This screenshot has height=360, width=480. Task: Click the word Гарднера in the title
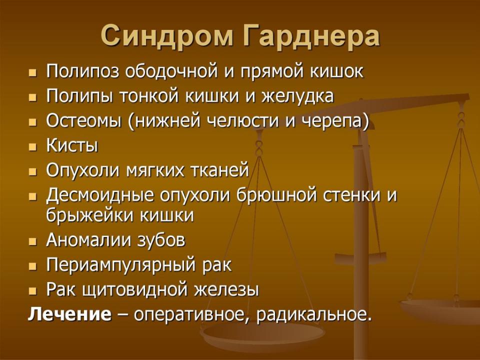[x=311, y=36]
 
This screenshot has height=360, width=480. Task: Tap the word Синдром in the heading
[x=167, y=36]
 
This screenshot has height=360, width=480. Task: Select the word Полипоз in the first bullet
[x=82, y=71]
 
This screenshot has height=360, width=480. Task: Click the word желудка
[x=297, y=96]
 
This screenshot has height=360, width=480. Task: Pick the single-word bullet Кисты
[x=72, y=145]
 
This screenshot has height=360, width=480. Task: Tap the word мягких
[x=155, y=171]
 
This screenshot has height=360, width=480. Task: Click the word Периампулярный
[x=120, y=265]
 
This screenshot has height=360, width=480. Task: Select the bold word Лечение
[x=70, y=314]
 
